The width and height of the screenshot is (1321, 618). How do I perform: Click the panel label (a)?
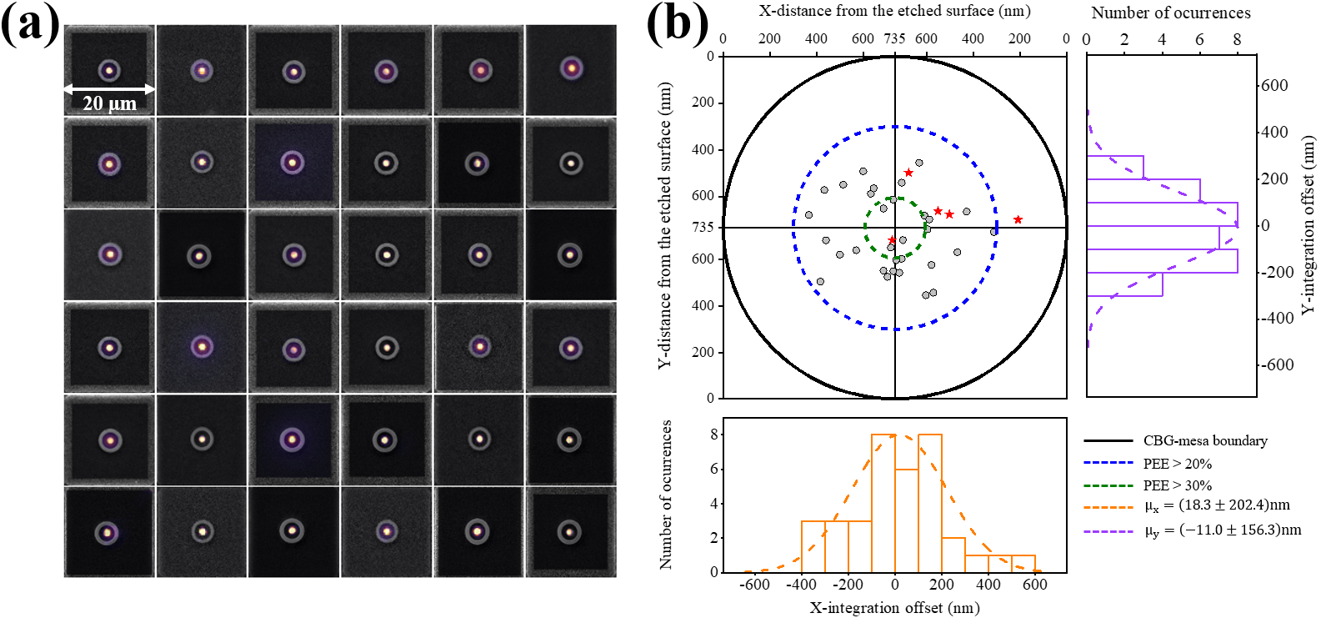point(30,25)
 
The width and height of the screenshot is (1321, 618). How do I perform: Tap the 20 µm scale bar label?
point(109,104)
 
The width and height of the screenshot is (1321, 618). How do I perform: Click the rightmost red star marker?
point(1018,220)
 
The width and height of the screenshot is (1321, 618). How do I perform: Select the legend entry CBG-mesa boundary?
point(1204,441)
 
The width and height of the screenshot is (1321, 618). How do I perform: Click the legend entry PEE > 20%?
point(1177,464)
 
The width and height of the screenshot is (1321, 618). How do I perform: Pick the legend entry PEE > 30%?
point(1177,485)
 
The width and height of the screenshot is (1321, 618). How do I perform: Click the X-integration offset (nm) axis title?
point(894,607)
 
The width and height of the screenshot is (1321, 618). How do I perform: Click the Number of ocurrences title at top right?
point(1171,13)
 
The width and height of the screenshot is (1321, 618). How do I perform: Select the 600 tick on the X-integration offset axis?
point(1035,585)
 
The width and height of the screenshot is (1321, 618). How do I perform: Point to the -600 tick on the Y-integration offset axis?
point(1276,365)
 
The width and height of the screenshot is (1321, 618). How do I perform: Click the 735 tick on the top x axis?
point(894,38)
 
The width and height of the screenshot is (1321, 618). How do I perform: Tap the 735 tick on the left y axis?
point(703,227)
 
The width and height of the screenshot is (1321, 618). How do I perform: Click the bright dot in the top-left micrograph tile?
point(108,71)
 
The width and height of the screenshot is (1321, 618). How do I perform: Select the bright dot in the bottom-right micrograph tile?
point(570,530)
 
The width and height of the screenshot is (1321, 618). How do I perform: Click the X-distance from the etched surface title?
point(894,11)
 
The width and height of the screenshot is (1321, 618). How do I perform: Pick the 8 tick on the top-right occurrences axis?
point(1237,39)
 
